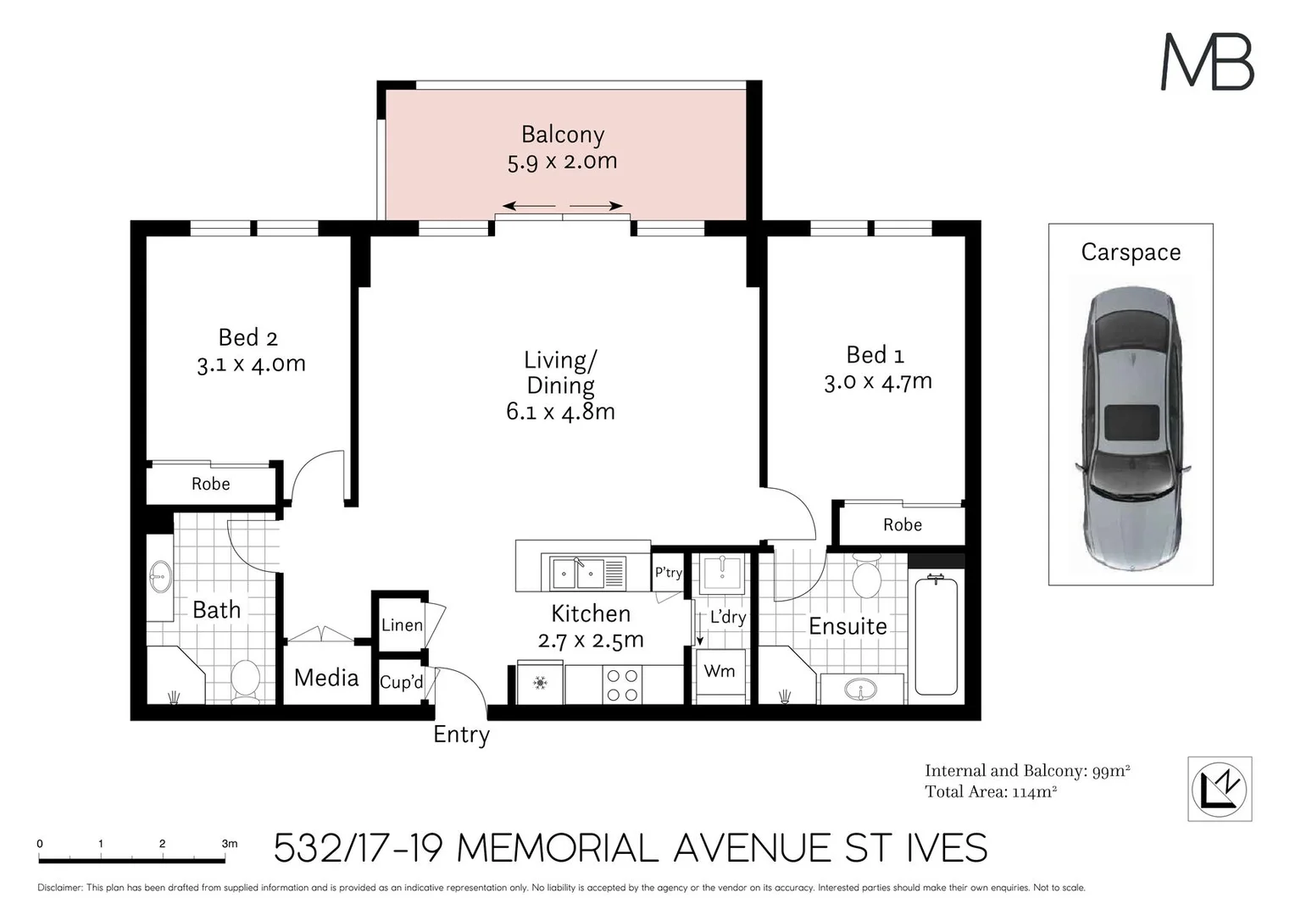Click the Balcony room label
(563, 135)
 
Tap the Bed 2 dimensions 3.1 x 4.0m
(251, 364)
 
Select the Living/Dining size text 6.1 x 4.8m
(560, 412)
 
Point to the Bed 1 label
(875, 355)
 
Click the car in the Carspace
(1131, 429)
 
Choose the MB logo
(1208, 62)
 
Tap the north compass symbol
(1220, 789)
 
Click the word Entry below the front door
(461, 735)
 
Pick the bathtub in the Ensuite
(936, 635)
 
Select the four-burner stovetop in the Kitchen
(622, 685)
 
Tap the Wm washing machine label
(720, 671)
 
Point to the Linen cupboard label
(402, 625)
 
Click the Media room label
(326, 678)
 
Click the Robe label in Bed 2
(210, 484)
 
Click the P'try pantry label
(669, 573)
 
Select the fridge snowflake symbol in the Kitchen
(541, 684)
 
